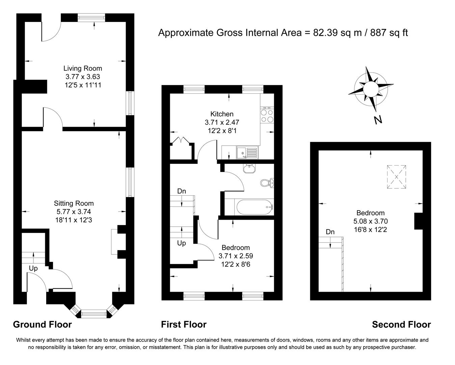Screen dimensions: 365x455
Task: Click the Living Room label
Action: point(83,69)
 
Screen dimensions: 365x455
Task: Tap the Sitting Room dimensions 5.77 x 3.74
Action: point(74,212)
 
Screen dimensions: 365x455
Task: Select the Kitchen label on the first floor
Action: point(222,114)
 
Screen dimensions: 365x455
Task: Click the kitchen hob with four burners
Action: point(267,116)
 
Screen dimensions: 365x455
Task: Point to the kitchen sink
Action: point(247,152)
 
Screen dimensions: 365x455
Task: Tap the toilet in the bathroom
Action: point(267,183)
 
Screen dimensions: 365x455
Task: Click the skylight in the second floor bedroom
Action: point(396,176)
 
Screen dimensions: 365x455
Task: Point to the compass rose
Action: point(371,89)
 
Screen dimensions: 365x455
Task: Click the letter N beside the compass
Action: point(378,120)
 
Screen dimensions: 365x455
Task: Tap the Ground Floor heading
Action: point(42,325)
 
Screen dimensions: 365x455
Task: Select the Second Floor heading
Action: point(401,325)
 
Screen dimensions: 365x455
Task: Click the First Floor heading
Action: point(184,325)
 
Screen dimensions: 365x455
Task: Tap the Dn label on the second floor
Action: point(330,232)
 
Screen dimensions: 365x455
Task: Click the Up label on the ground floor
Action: point(33,268)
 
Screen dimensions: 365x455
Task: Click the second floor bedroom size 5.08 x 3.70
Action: point(370,222)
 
